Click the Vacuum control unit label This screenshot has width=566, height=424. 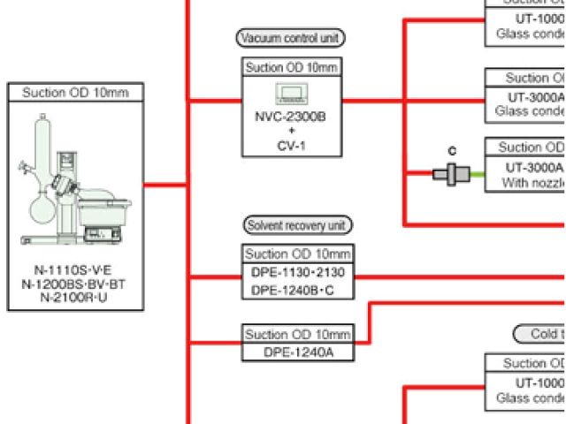coord(290,37)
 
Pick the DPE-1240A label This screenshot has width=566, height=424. coord(297,352)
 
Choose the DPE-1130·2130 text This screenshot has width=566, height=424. coord(297,271)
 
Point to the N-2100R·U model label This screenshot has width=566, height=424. coord(74,298)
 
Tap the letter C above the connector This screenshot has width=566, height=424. coord(453,150)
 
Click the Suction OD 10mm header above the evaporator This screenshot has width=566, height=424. coord(74,93)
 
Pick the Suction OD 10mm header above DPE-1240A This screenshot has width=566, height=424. coord(297,334)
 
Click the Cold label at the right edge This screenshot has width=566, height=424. coord(542,334)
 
